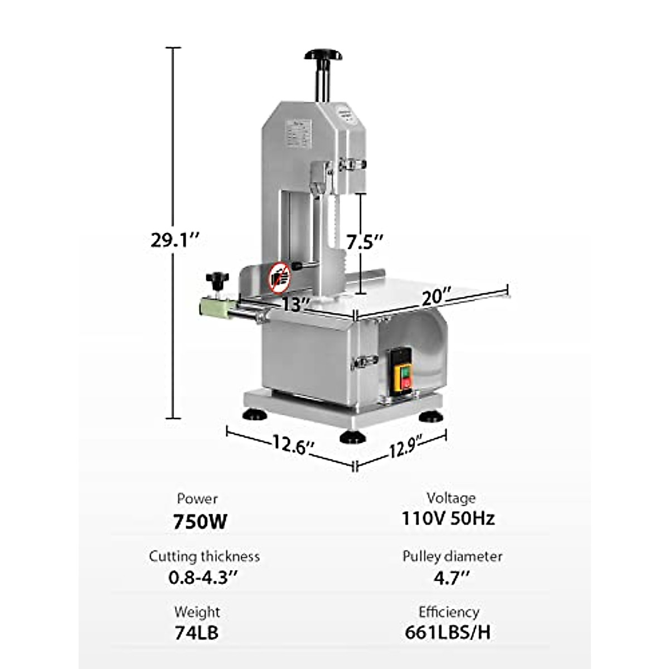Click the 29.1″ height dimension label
(174, 240)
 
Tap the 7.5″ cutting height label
(365, 242)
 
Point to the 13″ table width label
(295, 304)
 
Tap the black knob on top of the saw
(323, 55)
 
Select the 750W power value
(200, 522)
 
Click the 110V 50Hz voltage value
(448, 518)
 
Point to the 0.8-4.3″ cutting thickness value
(203, 577)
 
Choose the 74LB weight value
(196, 633)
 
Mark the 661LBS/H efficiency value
(448, 632)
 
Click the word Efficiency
(449, 612)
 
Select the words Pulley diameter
(452, 556)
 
